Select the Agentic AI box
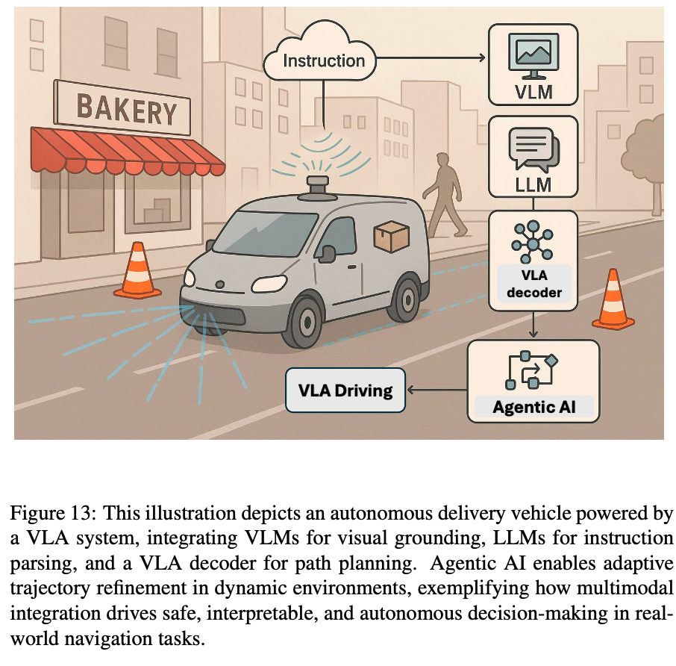pos(533,380)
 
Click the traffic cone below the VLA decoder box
pos(613,300)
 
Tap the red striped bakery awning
pos(127,150)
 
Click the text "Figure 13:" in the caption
pos(52,514)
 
